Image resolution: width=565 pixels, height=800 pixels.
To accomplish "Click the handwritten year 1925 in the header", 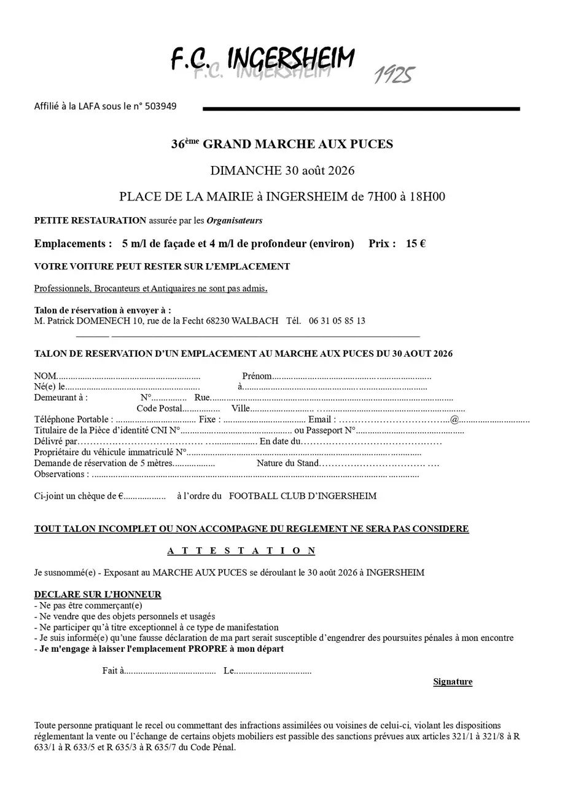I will (394, 74).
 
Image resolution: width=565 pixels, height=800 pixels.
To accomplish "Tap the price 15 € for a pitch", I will (416, 244).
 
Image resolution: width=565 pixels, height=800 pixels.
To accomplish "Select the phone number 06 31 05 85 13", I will (337, 321).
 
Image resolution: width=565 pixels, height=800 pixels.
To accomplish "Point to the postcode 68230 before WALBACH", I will (219, 321).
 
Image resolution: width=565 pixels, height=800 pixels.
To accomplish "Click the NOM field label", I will (45, 376).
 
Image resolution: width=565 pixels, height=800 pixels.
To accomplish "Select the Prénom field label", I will (257, 376).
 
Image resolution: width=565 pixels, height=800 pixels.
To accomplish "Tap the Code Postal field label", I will (160, 409).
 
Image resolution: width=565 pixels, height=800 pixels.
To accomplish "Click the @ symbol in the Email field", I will (454, 420).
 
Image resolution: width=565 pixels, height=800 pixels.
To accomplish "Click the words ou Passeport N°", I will (325, 430).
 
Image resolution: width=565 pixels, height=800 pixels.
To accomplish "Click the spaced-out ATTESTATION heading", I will (241, 551).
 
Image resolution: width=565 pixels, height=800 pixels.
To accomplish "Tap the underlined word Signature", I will (453, 682).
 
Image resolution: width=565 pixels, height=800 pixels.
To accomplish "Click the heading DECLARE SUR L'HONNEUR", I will (98, 595).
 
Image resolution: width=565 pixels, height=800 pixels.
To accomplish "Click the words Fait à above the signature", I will (113, 671).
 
